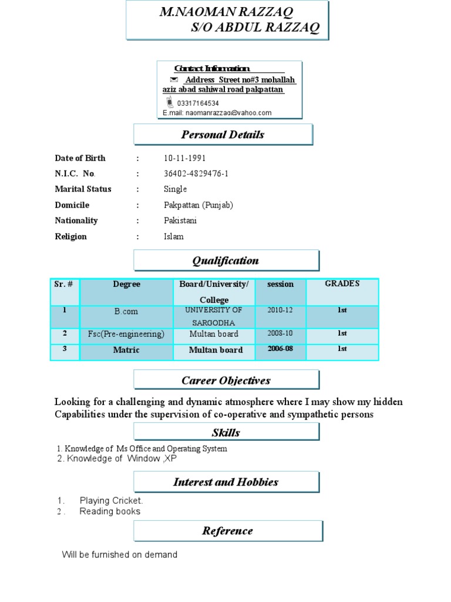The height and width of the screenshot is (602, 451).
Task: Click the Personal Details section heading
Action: (x=223, y=135)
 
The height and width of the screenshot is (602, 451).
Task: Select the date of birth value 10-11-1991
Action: (x=184, y=158)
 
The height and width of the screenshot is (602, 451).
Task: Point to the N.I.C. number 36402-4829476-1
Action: (x=196, y=173)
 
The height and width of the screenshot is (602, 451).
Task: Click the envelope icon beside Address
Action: (x=173, y=79)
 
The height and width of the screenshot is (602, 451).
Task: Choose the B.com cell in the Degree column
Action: (x=126, y=310)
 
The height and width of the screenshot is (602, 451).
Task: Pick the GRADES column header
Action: (x=342, y=283)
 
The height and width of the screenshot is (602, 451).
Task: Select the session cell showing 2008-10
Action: (x=280, y=333)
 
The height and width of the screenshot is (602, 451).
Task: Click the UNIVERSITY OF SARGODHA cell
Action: (x=214, y=316)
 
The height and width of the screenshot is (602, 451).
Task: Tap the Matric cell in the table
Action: (x=126, y=350)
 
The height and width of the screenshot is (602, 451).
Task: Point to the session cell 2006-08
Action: (x=280, y=349)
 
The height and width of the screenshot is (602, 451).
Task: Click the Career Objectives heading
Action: (x=226, y=380)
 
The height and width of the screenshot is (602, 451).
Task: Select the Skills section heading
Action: (x=226, y=433)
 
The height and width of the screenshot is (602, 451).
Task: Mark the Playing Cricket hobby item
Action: (x=111, y=501)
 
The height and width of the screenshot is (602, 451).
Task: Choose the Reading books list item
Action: (x=110, y=511)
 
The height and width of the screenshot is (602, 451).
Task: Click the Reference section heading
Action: (x=227, y=531)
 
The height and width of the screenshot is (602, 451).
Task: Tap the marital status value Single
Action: (x=175, y=189)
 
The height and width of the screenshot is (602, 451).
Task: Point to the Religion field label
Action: (x=70, y=236)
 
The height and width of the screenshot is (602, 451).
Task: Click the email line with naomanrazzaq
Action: (x=217, y=113)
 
